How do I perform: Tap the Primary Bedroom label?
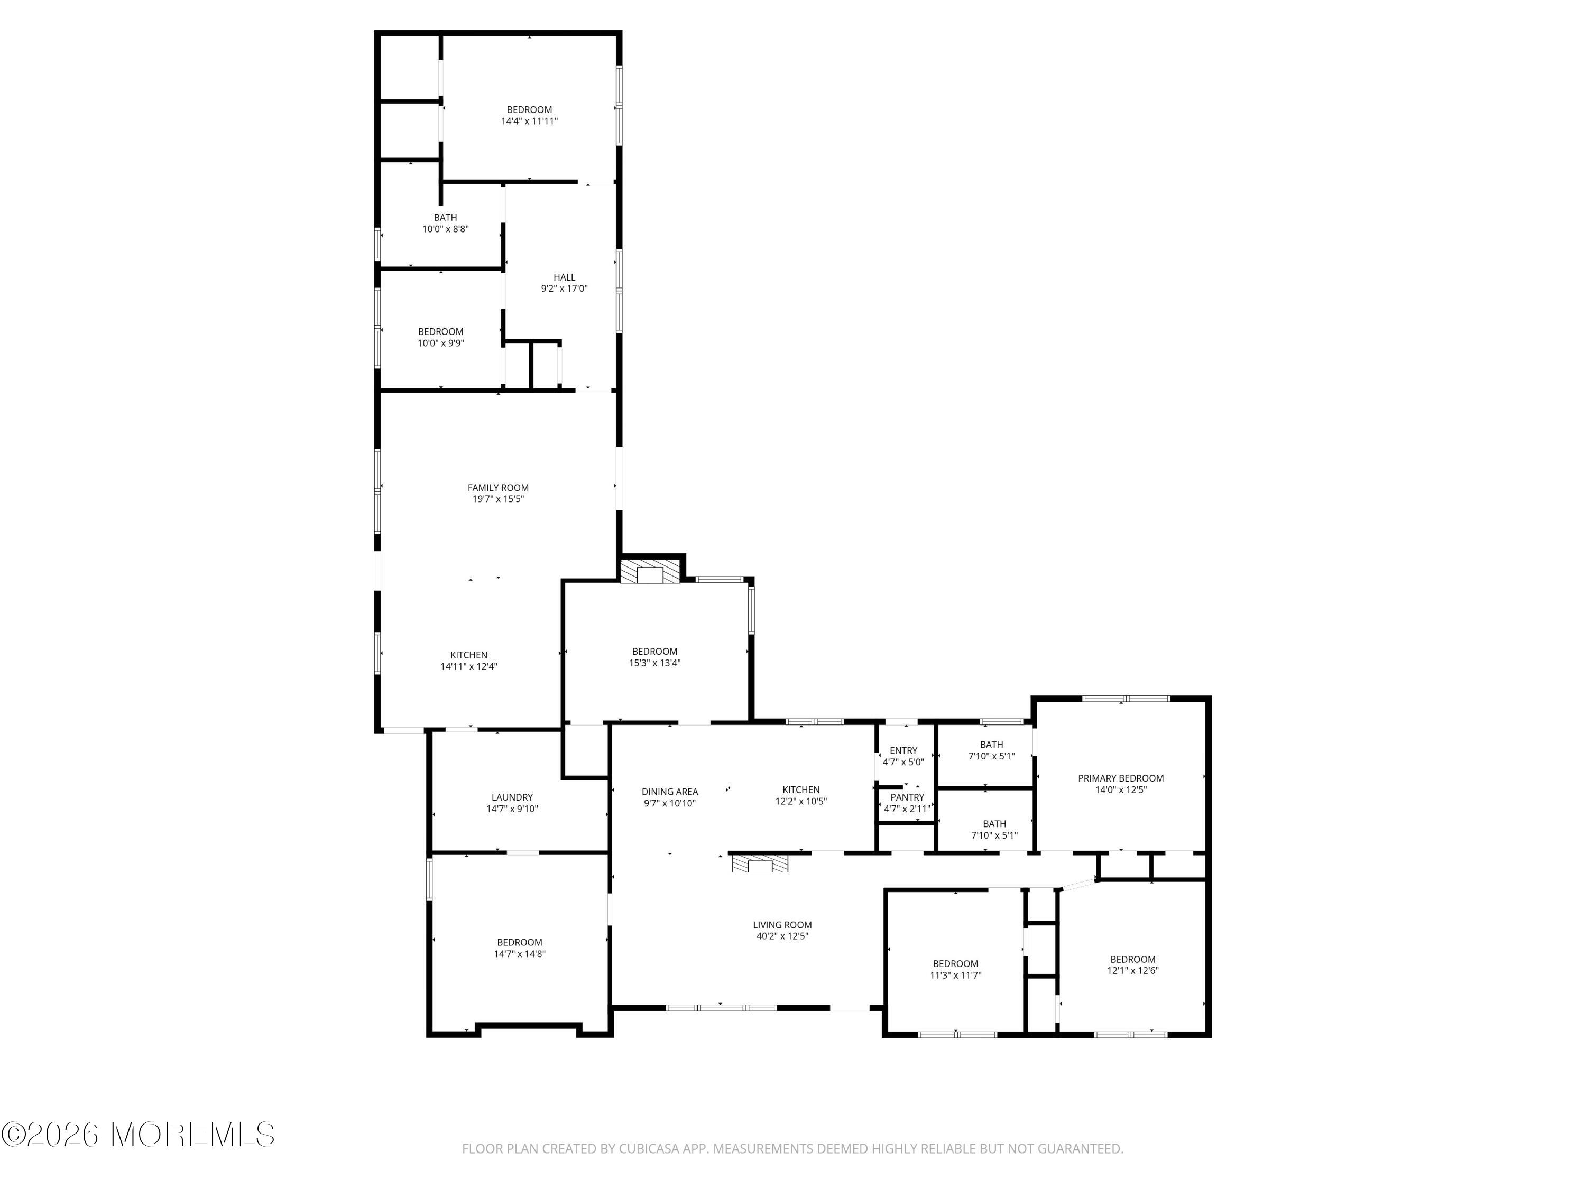click(1121, 778)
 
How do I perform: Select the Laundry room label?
click(512, 797)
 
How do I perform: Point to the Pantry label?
click(907, 797)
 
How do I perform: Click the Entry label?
click(903, 750)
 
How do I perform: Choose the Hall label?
click(564, 277)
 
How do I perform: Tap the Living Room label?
click(782, 925)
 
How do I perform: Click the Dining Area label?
click(670, 792)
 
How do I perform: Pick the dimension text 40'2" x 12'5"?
click(782, 936)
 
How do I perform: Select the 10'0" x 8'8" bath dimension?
click(445, 229)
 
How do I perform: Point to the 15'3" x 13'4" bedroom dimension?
click(654, 663)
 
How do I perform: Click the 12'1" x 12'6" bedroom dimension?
click(1133, 971)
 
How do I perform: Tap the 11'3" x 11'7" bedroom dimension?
click(956, 976)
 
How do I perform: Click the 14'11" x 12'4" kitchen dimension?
click(469, 666)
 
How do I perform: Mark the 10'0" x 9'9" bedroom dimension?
click(441, 343)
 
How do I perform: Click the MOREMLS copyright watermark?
click(137, 1135)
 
